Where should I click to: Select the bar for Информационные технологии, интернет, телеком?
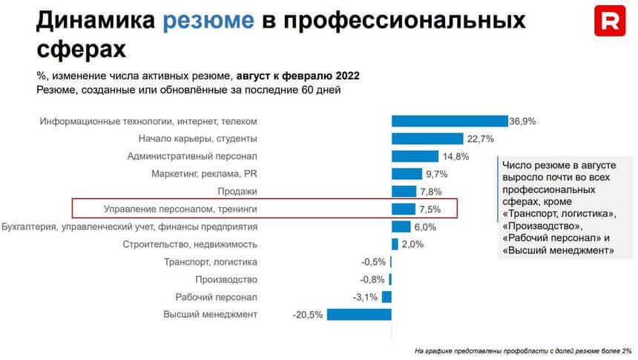coord(449,121)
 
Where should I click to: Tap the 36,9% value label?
coord(522,121)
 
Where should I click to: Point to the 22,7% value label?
coord(481,139)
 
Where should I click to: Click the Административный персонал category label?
coord(192,156)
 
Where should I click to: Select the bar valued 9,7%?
coord(407,174)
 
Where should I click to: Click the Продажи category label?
coord(238,192)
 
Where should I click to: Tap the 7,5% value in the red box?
coord(430,209)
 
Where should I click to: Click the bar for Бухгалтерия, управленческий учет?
coord(401,226)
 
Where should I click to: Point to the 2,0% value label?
coord(412,244)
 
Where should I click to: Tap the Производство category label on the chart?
coord(226,279)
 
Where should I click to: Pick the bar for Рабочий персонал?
coord(387,297)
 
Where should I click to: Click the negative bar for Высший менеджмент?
coord(359,315)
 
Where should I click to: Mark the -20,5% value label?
coord(308,315)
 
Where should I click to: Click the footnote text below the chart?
coord(522,350)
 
